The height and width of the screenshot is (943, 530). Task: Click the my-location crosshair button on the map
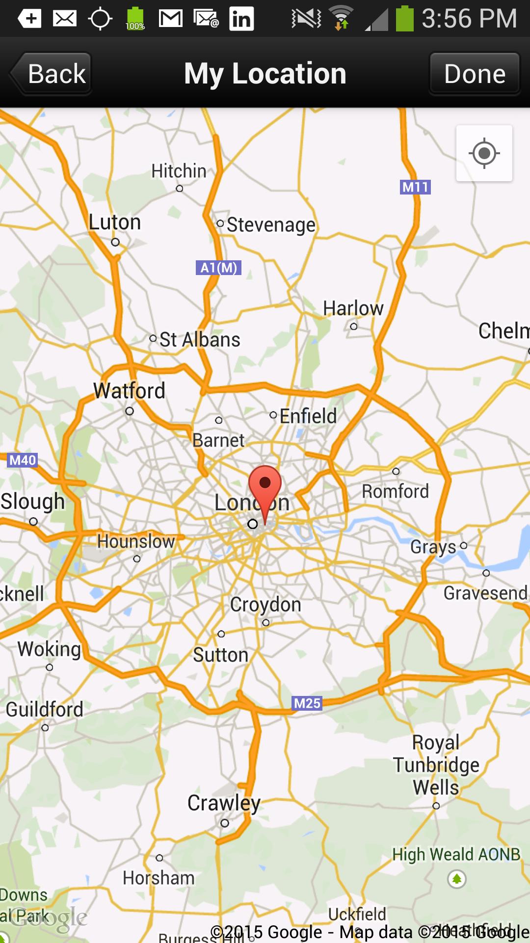tap(484, 153)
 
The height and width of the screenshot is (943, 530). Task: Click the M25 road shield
tap(307, 703)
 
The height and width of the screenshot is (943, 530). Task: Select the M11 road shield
tap(415, 187)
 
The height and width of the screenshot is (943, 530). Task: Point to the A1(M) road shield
tap(218, 268)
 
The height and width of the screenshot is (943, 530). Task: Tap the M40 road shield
tap(23, 460)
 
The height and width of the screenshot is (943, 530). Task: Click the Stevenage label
tap(271, 225)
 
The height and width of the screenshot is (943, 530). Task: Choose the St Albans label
tap(200, 340)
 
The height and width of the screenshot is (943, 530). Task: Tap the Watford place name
tap(129, 391)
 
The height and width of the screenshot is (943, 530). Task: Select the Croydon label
tap(265, 605)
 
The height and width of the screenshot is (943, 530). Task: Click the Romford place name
tap(395, 491)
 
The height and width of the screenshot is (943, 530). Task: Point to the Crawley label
tap(224, 803)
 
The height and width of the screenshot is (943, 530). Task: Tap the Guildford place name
tap(44, 710)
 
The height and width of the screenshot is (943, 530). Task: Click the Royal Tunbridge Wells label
tap(436, 765)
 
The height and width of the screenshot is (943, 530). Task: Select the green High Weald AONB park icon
tap(456, 879)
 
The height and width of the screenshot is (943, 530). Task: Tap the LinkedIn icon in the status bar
tap(241, 19)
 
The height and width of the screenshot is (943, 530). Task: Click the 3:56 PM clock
tap(469, 19)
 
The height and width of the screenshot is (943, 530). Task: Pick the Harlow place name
tap(353, 308)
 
